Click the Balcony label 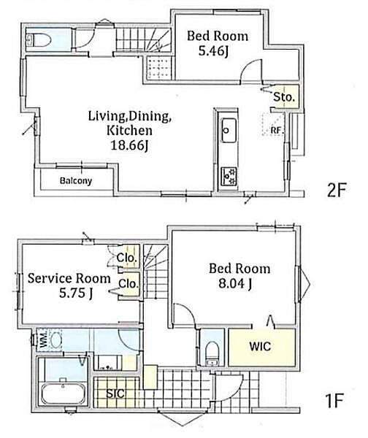[76, 181]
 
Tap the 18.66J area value [129, 145]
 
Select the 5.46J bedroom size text [214, 51]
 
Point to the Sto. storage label [284, 97]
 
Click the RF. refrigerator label [277, 130]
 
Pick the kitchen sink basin [229, 131]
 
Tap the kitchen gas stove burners [229, 176]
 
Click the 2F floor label [337, 190]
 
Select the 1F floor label [334, 400]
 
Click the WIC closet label [260, 346]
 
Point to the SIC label [115, 393]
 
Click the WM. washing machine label [43, 339]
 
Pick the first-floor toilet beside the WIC [212, 353]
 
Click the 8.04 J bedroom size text [235, 284]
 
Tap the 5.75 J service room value [76, 293]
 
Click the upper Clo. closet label [127, 258]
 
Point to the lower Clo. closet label [129, 284]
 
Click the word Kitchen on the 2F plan [129, 131]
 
